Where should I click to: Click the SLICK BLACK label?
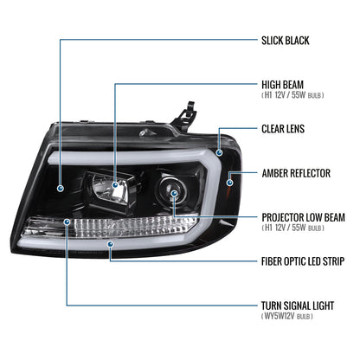(x=286, y=41)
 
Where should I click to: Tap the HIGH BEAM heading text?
(x=282, y=85)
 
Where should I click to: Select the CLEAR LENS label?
(x=283, y=129)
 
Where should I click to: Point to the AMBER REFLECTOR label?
(x=296, y=173)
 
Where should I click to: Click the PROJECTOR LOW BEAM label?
(x=303, y=217)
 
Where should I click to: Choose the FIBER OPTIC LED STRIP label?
(x=303, y=261)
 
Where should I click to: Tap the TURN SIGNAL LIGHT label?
(x=298, y=305)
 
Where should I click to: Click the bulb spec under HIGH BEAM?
(x=292, y=95)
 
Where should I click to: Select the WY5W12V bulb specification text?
(x=287, y=316)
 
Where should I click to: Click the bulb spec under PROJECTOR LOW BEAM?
(x=292, y=228)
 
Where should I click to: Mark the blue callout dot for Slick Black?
(x=61, y=189)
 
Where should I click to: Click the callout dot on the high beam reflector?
(x=115, y=185)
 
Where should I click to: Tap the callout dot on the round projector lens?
(x=174, y=193)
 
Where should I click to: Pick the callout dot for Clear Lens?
(x=220, y=152)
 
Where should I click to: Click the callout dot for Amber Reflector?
(x=230, y=183)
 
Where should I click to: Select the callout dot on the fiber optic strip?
(x=110, y=244)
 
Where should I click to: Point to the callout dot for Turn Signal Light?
(x=67, y=222)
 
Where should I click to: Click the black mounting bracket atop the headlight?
(x=183, y=115)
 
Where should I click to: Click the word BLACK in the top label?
(x=297, y=41)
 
